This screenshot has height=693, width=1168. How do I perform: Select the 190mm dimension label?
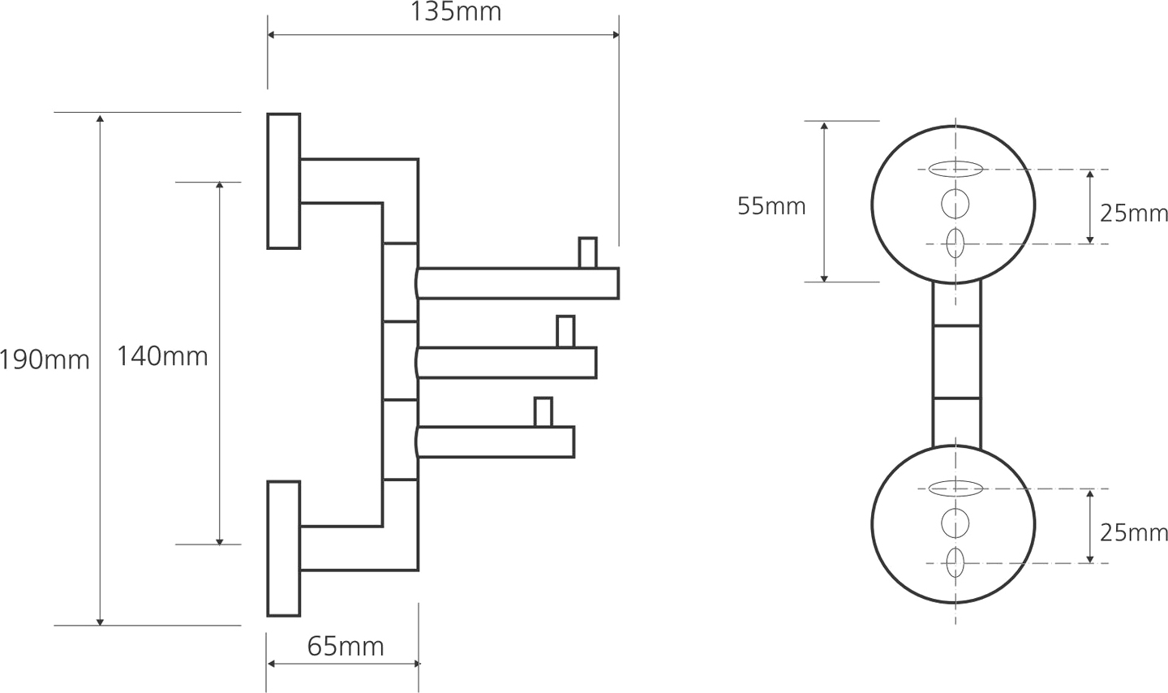tap(44, 359)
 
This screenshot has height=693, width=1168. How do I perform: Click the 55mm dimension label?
tap(771, 206)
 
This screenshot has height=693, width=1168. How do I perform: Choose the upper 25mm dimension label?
tap(1134, 213)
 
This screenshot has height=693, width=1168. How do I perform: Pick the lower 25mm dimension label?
tap(1134, 532)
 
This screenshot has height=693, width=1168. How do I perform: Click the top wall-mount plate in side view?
tap(284, 181)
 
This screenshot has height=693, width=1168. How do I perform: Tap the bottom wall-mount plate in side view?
tap(284, 549)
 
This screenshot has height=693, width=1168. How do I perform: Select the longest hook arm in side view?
tap(519, 282)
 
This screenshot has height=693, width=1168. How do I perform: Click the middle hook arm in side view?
tap(508, 362)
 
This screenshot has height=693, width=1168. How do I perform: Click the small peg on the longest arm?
tap(587, 252)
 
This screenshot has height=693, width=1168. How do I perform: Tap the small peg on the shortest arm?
tap(543, 411)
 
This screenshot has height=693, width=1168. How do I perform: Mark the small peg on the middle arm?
tap(565, 331)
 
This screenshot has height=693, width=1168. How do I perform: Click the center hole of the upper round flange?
tap(955, 203)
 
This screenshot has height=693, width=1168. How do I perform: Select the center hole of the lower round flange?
tap(955, 523)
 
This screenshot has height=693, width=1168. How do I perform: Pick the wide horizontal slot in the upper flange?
tap(955, 170)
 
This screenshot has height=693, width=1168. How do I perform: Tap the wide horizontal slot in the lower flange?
tap(955, 489)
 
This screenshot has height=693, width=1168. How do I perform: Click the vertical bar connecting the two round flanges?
tap(956, 362)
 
